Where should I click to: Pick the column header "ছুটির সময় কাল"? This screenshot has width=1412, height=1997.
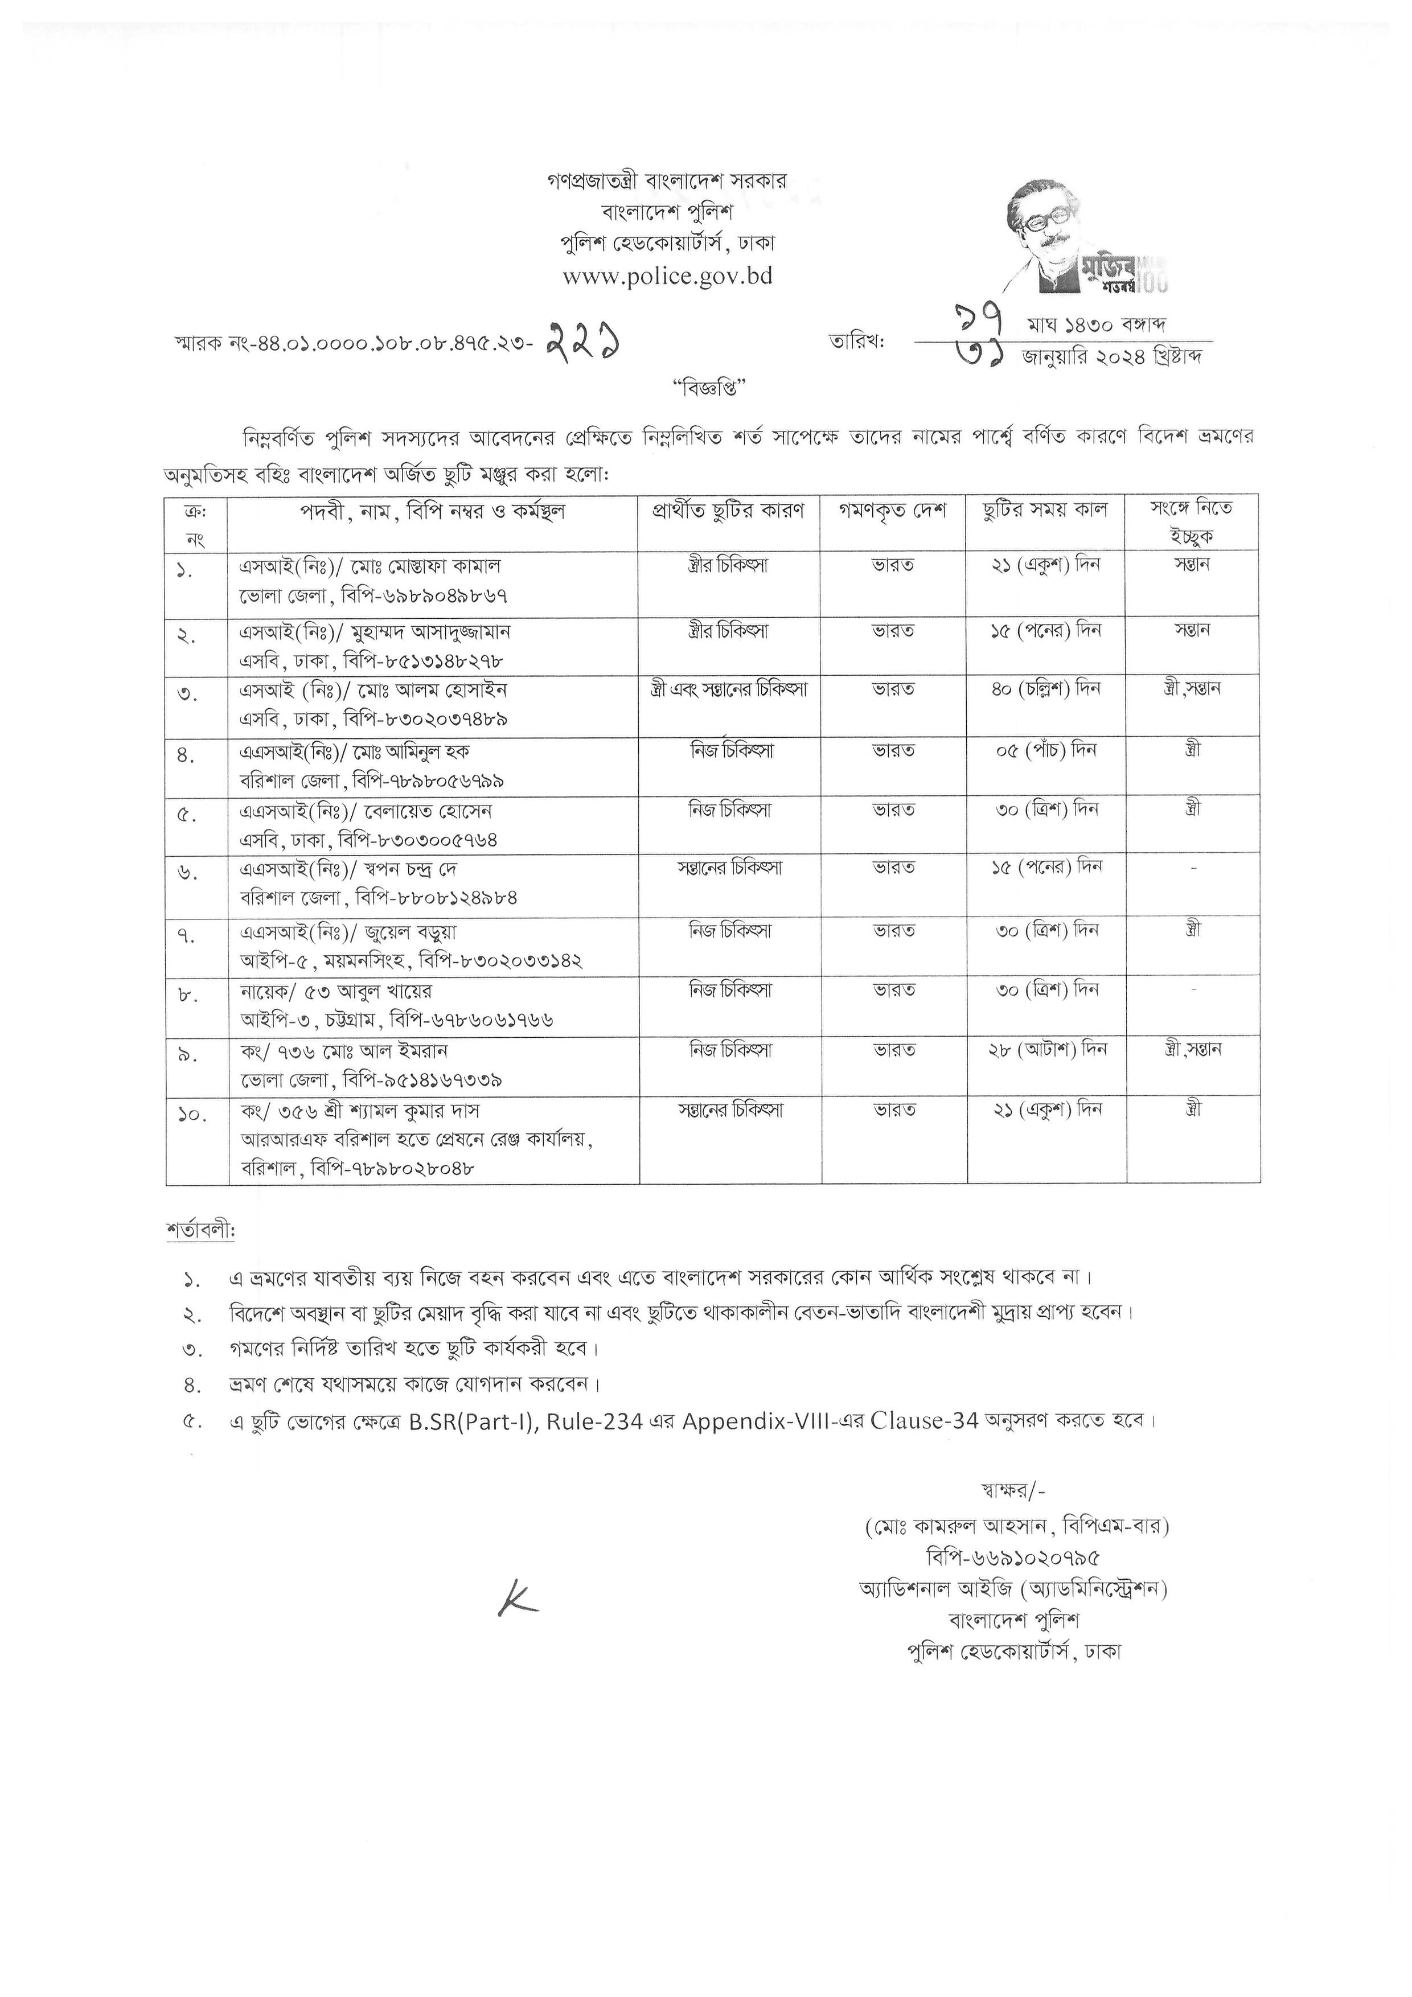1044,511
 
